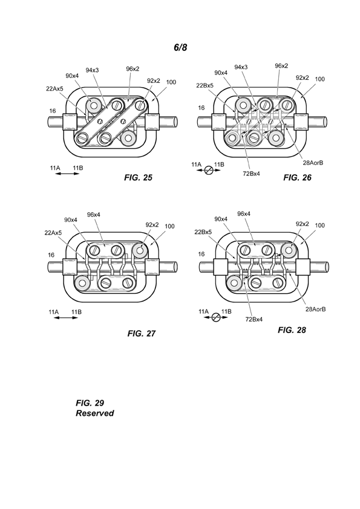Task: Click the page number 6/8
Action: [x=180, y=47]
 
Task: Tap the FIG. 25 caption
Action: [x=138, y=178]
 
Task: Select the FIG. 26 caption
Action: [x=297, y=177]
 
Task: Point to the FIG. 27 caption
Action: [x=142, y=333]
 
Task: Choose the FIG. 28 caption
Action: [x=292, y=330]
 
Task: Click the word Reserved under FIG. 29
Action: [x=94, y=413]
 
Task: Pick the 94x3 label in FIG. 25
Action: [x=93, y=70]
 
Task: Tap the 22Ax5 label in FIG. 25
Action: [x=54, y=88]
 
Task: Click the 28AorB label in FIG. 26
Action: [x=313, y=163]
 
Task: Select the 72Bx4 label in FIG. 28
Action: [x=254, y=319]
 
